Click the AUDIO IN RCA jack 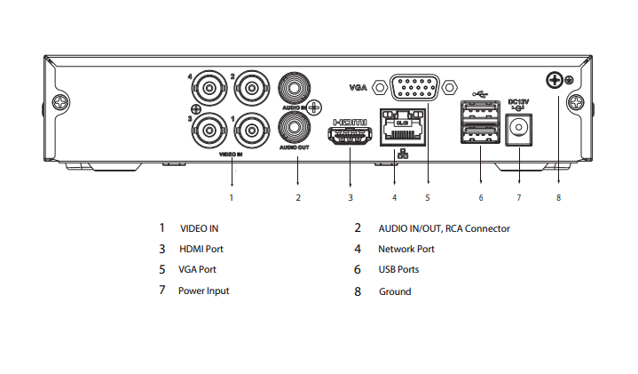point(293,89)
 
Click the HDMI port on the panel point(351,135)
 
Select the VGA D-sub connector point(414,88)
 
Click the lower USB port point(479,136)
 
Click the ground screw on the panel point(555,82)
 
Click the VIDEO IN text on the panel point(232,154)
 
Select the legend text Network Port point(406,250)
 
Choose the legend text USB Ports point(398,269)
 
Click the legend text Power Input point(203,290)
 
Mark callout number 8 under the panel point(558,197)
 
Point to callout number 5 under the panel point(427,197)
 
